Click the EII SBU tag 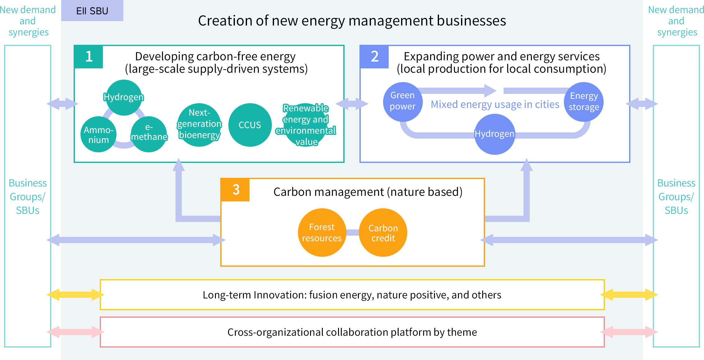tap(92, 11)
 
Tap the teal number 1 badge tap(89, 57)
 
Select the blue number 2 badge tap(374, 57)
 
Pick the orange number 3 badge tap(235, 190)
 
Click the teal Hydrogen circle tap(124, 97)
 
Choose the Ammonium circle tap(98, 135)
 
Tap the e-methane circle tap(149, 134)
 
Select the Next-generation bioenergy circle tap(199, 124)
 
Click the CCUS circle tap(250, 125)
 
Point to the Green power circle tap(403, 101)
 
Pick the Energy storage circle tap(584, 102)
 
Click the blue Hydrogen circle tap(495, 134)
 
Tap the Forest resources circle tap(322, 233)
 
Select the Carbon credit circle tap(383, 233)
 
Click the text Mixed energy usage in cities tap(495, 104)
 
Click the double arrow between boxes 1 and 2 tap(352, 104)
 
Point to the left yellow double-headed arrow tap(75, 294)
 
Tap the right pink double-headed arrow tap(629, 332)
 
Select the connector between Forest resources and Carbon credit tap(353, 233)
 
